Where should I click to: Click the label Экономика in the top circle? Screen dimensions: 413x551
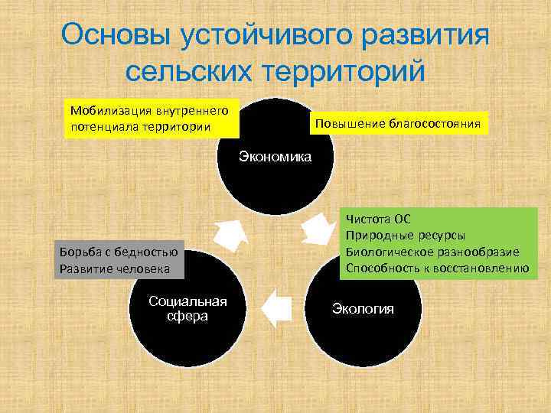tap(275, 157)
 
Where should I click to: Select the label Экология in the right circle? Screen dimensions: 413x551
tap(363, 308)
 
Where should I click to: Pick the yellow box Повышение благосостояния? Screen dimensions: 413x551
tap(397, 122)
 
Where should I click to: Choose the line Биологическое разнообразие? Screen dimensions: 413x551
tap(432, 252)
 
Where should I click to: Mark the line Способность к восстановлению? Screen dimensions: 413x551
tap(437, 268)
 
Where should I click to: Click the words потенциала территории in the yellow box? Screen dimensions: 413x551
tap(141, 125)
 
